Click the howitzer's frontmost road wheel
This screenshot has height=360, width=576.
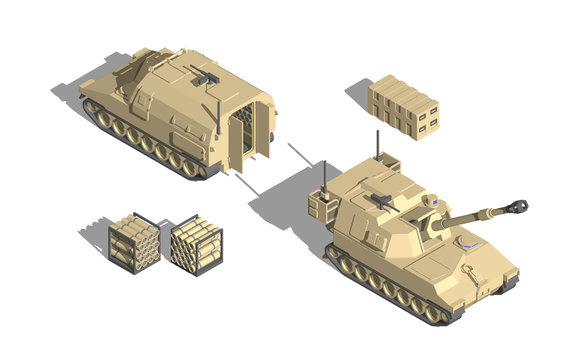point(432,312)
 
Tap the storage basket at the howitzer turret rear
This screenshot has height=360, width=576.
point(322,207)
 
